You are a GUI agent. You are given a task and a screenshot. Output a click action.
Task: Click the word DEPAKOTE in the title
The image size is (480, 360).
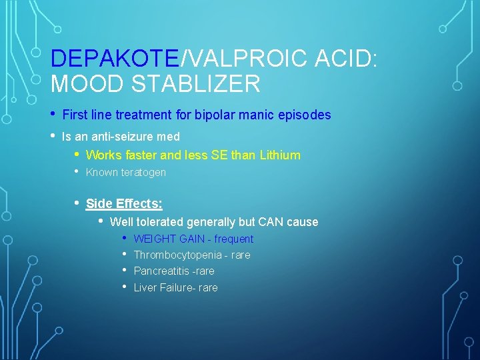115,59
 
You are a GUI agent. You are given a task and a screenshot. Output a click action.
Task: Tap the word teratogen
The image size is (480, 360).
144,172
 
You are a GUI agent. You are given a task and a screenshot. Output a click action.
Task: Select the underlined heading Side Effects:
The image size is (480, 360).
124,204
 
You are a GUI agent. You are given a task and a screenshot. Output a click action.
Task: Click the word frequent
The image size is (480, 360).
233,239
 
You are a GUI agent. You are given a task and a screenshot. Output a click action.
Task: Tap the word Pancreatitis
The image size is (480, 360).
160,271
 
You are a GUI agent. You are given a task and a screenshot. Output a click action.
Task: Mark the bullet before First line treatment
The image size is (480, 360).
53,113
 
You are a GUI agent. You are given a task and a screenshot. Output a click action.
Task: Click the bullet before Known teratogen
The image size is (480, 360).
77,171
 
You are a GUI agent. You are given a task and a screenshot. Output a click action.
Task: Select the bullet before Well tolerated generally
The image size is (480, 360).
101,221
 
